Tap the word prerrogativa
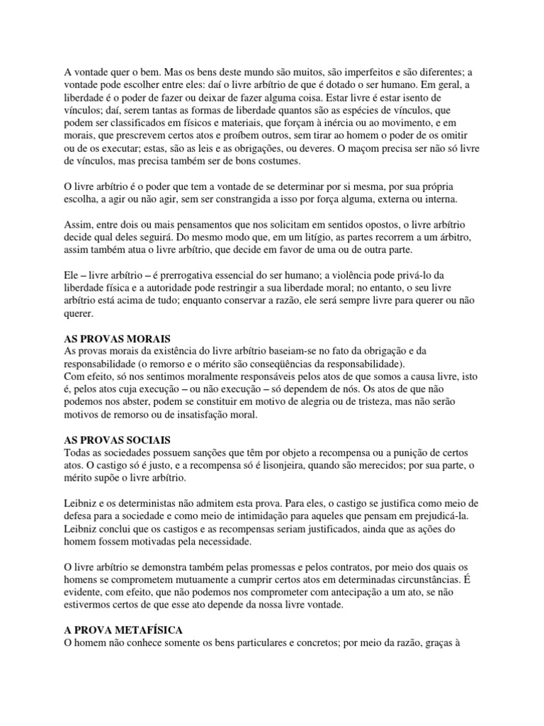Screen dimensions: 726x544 pyautogui.click(x=159, y=274)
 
